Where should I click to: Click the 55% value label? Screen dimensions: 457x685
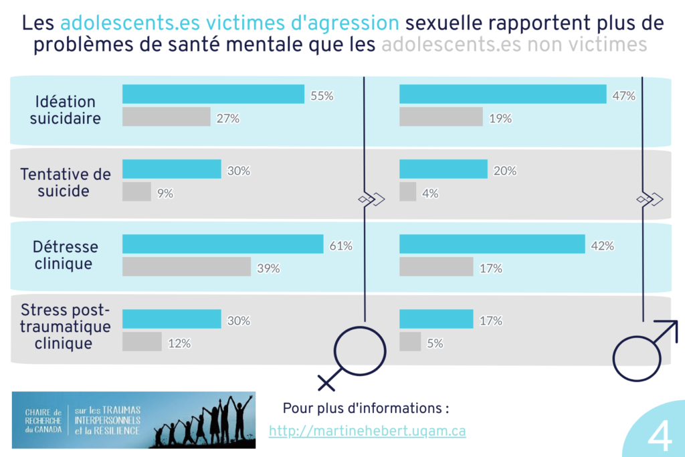pos(322,95)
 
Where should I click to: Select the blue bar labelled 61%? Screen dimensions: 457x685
pos(223,245)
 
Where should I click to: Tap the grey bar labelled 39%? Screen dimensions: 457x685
pos(187,268)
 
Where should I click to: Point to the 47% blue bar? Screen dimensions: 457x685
pos(502,95)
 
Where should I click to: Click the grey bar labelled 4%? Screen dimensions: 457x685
pos(407,193)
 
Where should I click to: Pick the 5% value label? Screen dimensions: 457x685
pos(435,343)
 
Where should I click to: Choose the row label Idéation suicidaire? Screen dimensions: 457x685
pos(66,110)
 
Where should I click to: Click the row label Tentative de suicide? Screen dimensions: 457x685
pos(66,183)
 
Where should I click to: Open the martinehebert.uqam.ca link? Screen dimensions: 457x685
pos(367,431)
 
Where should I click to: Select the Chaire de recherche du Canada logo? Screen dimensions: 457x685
pos(134,420)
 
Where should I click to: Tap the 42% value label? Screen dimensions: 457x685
pos(602,246)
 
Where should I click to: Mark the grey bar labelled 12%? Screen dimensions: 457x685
pos(142,342)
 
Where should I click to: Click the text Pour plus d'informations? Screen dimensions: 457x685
pos(365,407)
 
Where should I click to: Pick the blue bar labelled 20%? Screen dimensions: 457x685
pos(444,170)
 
